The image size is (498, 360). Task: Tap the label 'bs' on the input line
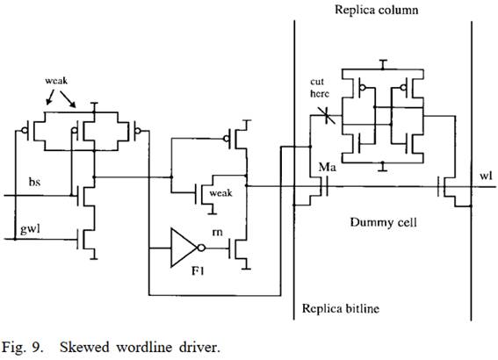click(34, 182)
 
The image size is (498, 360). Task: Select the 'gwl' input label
click(30, 229)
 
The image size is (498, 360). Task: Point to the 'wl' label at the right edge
click(486, 176)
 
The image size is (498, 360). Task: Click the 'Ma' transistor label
click(327, 167)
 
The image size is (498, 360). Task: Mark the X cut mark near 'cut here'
click(326, 116)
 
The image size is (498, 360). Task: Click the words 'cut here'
click(319, 88)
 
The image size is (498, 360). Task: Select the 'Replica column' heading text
click(377, 10)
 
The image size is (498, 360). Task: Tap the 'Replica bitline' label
click(341, 308)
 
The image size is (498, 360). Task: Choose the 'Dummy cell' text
click(383, 222)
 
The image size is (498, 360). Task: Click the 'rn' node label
click(217, 233)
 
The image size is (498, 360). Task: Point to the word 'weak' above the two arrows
click(56, 81)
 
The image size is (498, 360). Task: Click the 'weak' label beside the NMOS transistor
click(220, 193)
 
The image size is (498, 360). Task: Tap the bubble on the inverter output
click(202, 248)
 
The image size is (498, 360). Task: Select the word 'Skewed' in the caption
click(84, 347)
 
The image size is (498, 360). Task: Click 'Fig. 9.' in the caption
click(22, 348)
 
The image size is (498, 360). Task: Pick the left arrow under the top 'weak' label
click(50, 97)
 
